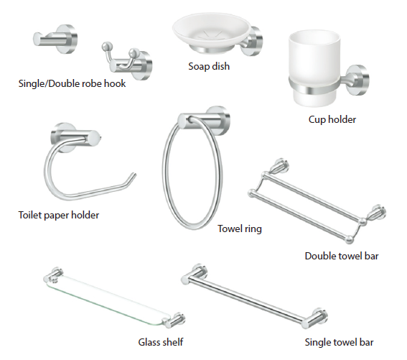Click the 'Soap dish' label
[x=209, y=66]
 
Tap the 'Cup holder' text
[x=332, y=119]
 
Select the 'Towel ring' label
[x=240, y=229]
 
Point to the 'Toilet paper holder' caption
[x=59, y=216]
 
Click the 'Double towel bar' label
[x=342, y=256]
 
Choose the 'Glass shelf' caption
[x=161, y=342]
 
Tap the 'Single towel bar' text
[x=339, y=342]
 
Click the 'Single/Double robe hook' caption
[x=72, y=83]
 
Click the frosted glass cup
[x=314, y=68]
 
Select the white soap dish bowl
[x=211, y=32]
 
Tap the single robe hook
[x=55, y=40]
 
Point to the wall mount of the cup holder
[x=357, y=80]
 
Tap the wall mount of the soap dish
[x=253, y=41]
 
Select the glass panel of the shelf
[x=109, y=300]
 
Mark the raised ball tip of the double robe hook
[x=106, y=46]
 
